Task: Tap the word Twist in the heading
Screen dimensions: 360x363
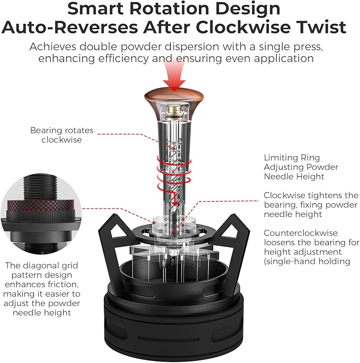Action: [320, 27]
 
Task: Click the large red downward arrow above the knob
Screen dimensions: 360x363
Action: [174, 74]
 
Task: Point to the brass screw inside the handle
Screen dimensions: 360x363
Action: [174, 110]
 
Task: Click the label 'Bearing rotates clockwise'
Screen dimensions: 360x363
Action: [62, 135]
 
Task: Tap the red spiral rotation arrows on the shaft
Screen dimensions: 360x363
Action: [174, 171]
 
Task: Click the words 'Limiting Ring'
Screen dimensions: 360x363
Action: [292, 158]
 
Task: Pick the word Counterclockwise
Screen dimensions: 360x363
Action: [301, 233]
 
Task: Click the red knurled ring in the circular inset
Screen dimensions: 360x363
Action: [41, 205]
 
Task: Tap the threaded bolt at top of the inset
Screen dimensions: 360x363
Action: [40, 187]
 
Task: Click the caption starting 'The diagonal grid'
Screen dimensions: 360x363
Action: [41, 289]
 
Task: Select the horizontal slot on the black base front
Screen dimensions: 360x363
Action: [169, 339]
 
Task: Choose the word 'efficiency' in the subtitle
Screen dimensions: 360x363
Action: [124, 58]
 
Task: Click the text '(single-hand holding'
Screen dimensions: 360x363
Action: [307, 261]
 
